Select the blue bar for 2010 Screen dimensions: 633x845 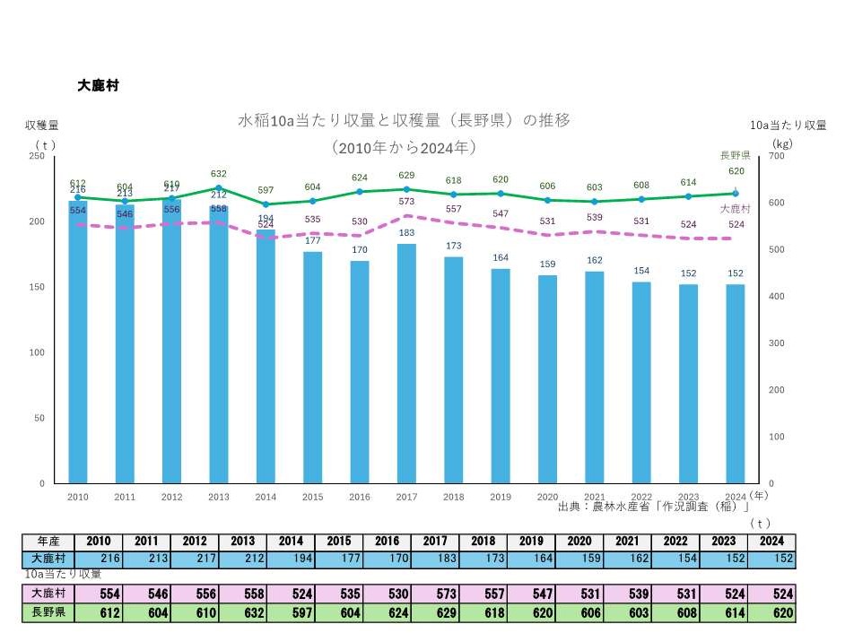(x=78, y=341)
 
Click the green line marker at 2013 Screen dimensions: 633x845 (x=219, y=188)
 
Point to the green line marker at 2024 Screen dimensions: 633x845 (x=735, y=194)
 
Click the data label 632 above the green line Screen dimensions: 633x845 (x=219, y=174)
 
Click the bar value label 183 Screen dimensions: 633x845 (x=406, y=233)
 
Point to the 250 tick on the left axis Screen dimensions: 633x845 (x=37, y=156)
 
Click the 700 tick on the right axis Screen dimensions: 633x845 (x=777, y=156)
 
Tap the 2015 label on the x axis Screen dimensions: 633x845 (x=312, y=496)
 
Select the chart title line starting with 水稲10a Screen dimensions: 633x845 (x=404, y=119)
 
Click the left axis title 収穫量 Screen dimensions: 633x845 (x=42, y=126)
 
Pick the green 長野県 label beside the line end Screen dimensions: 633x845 (x=735, y=155)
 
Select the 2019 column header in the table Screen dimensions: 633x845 (x=530, y=542)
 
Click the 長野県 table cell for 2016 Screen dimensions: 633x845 (x=386, y=613)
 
